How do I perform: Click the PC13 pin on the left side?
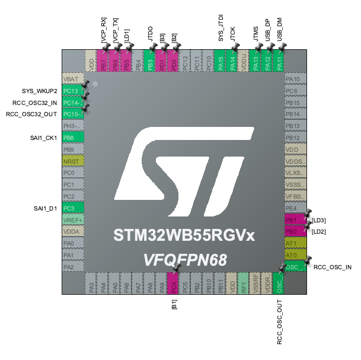click(x=72, y=91)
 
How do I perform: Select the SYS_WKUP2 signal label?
click(x=39, y=91)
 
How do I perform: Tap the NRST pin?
click(x=72, y=161)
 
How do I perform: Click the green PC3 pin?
click(x=72, y=208)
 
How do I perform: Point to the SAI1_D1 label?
click(x=45, y=208)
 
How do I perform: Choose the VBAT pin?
click(x=72, y=79)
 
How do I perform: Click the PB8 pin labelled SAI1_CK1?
click(x=72, y=138)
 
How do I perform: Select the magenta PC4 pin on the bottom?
click(x=174, y=283)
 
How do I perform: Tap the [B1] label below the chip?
click(x=174, y=306)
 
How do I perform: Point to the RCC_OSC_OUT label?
click(x=279, y=321)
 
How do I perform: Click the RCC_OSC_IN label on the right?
click(x=332, y=267)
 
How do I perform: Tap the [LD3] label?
click(x=318, y=220)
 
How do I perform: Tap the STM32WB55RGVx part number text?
click(x=184, y=236)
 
